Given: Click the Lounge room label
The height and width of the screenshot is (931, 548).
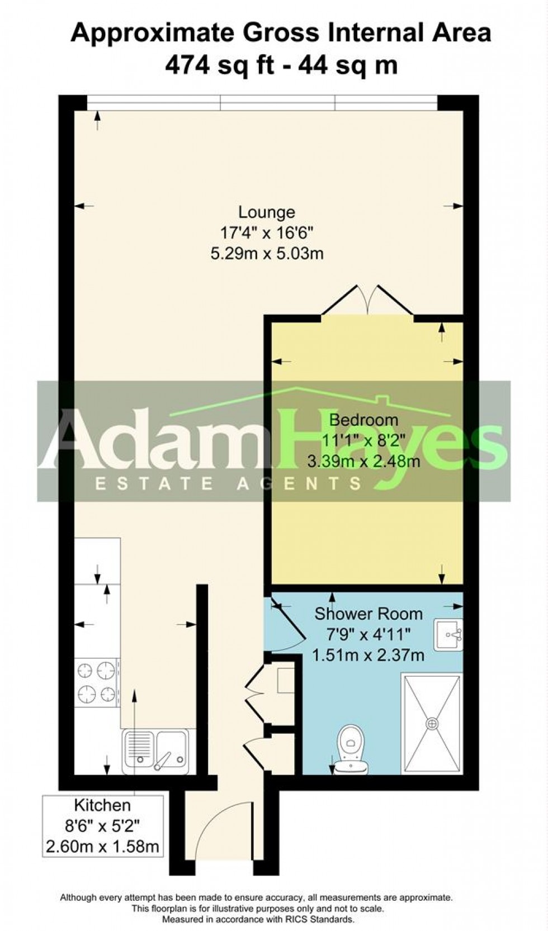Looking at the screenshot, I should click(x=267, y=212).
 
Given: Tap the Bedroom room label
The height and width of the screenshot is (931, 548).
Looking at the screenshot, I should click(x=363, y=420).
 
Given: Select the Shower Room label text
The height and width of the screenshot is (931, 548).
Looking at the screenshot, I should click(x=368, y=614).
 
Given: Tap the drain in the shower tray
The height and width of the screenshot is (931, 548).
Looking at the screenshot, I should click(x=432, y=723).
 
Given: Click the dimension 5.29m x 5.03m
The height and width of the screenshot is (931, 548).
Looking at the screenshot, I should click(x=267, y=254).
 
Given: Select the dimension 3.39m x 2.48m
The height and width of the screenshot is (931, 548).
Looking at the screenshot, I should click(x=363, y=461).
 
